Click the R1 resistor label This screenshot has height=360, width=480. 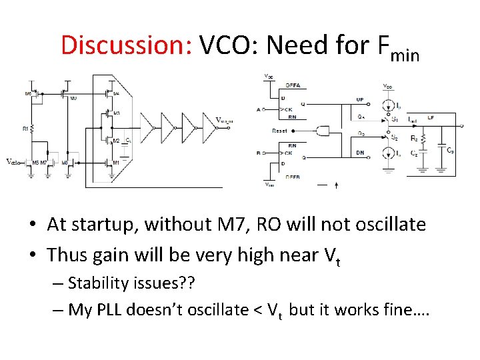click(25, 127)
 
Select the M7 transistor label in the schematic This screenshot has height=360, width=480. click(45, 162)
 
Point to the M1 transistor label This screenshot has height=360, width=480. click(117, 162)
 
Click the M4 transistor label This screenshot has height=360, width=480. click(117, 93)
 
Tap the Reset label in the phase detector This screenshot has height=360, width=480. click(279, 131)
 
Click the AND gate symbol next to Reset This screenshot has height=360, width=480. click(323, 131)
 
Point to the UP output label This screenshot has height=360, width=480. click(360, 99)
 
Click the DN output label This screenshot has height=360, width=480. click(360, 153)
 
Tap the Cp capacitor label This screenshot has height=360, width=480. click(451, 150)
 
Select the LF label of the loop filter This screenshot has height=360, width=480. click(431, 118)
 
